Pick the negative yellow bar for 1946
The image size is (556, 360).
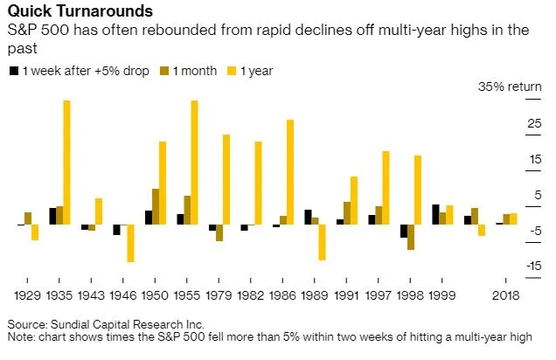click(130, 243)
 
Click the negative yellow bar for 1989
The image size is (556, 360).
click(322, 242)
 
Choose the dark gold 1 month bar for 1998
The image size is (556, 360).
click(411, 237)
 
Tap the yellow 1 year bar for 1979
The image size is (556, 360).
click(226, 179)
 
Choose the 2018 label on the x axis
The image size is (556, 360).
click(504, 294)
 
